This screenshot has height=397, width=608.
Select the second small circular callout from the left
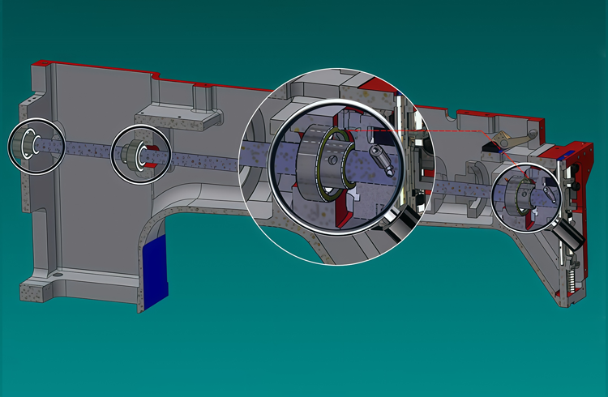[x=140, y=152]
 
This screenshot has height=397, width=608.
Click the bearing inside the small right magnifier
[x=519, y=195]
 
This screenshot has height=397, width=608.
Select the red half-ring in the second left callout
[x=151, y=155]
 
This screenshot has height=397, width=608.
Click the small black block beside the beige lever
[x=490, y=145]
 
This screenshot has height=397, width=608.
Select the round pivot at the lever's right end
[x=533, y=132]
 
